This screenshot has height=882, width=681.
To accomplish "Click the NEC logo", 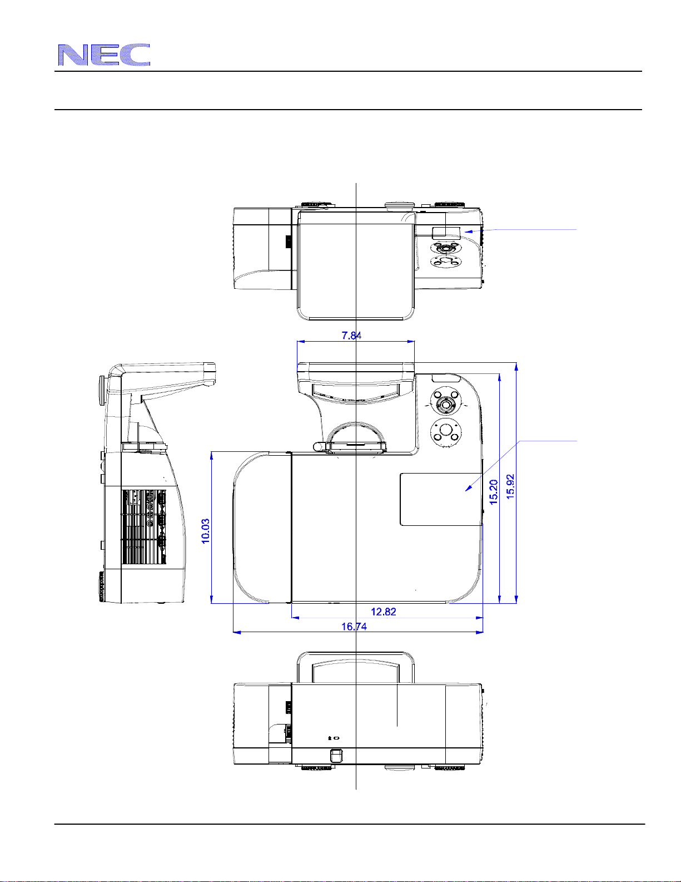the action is [x=104, y=55].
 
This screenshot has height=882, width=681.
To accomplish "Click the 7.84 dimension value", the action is [x=351, y=336].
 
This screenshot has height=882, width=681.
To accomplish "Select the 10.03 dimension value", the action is [x=206, y=531].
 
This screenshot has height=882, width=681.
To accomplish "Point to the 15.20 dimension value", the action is [x=493, y=492].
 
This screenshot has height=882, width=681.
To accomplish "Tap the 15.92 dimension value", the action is [x=510, y=486].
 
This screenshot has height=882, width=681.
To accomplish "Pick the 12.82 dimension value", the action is [x=383, y=612].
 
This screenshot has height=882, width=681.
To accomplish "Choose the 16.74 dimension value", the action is [x=354, y=627].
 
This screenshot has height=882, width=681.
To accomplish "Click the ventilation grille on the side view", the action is [x=144, y=527].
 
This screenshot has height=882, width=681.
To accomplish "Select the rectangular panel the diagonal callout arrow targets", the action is [x=441, y=499].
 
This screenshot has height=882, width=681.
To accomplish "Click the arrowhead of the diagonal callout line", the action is [x=468, y=488].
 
